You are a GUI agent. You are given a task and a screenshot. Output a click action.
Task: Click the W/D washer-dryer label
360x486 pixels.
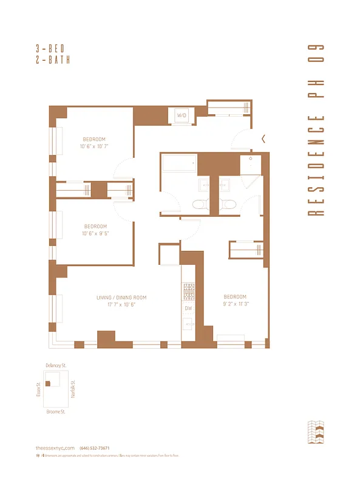pos(182,115)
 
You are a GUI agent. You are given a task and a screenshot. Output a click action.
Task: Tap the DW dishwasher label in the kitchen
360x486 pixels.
pos(188,309)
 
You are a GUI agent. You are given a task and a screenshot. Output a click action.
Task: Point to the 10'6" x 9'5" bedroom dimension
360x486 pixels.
pos(95,233)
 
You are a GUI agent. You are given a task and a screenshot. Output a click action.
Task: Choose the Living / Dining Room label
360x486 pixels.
pos(121,298)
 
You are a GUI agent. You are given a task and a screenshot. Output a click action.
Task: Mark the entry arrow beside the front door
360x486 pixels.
pos(263,139)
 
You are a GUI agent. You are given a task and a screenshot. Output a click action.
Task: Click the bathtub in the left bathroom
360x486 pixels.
pos(179,163)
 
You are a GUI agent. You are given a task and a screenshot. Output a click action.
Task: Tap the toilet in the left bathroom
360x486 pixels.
pos(199,205)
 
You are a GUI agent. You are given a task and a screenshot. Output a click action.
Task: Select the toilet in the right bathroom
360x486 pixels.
pos(226,205)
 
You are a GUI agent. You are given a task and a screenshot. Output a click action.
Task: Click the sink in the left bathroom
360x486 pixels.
pos(203,183)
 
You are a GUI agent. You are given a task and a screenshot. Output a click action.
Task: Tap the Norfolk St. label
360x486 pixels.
pos(72,388)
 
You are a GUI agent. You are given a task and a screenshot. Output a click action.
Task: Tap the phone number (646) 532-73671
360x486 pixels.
pos(94,448)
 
